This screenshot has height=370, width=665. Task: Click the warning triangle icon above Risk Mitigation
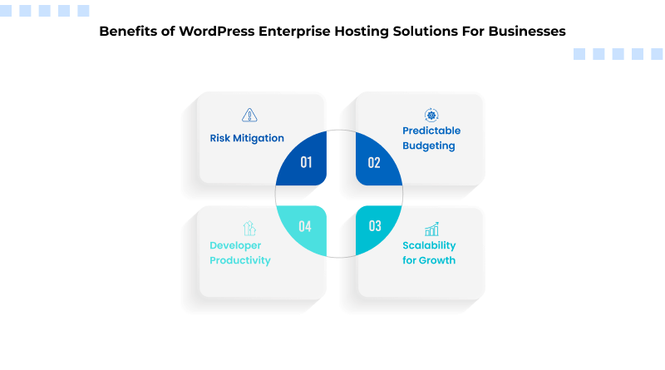point(249,115)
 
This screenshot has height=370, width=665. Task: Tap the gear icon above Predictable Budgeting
point(431,115)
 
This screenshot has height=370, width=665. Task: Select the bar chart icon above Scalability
point(431,229)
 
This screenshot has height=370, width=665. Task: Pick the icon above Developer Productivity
point(249,228)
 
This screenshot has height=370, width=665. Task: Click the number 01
point(306,162)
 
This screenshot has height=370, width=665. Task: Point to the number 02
point(374,162)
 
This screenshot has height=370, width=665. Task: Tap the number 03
point(374,226)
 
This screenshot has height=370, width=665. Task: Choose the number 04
point(305,226)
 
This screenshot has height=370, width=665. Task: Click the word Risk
point(220,139)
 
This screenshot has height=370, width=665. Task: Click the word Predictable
point(431,131)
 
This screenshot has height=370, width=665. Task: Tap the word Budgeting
point(428,146)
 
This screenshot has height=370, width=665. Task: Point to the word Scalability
point(429,245)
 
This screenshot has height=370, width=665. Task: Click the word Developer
point(235,245)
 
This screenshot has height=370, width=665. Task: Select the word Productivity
point(239,260)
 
